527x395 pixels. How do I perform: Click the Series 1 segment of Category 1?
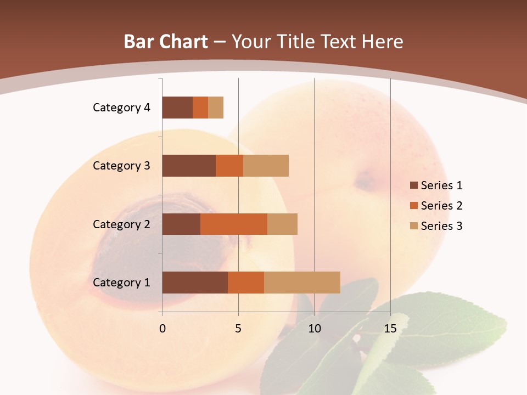[195, 282]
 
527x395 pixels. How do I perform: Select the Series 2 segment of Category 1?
[246, 282]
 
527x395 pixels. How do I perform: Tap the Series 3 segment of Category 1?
[302, 282]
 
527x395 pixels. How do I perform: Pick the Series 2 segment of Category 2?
[234, 224]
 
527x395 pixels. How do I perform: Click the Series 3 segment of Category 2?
[282, 224]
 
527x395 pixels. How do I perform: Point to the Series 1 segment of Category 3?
[189, 166]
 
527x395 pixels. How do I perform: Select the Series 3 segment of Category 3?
[266, 166]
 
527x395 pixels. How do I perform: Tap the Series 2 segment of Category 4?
[200, 108]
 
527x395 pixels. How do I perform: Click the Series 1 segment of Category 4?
[177, 108]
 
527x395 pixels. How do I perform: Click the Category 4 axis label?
[121, 108]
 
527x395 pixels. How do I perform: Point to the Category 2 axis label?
[121, 224]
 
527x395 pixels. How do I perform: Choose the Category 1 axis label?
[121, 283]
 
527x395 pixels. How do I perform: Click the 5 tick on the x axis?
[238, 329]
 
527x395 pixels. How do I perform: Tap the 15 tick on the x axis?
[390, 329]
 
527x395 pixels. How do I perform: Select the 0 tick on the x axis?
[162, 329]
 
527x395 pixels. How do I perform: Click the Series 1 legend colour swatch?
[413, 185]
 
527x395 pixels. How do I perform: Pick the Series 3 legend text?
[441, 225]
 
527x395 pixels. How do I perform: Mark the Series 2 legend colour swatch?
[413, 206]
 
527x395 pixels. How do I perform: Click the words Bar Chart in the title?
[166, 42]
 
